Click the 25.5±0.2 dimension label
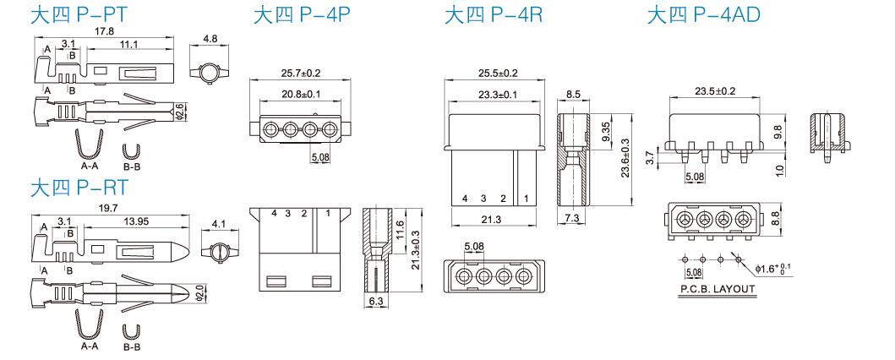click(499, 74)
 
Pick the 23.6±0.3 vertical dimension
click(625, 158)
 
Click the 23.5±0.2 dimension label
click(715, 90)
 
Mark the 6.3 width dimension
click(376, 301)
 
